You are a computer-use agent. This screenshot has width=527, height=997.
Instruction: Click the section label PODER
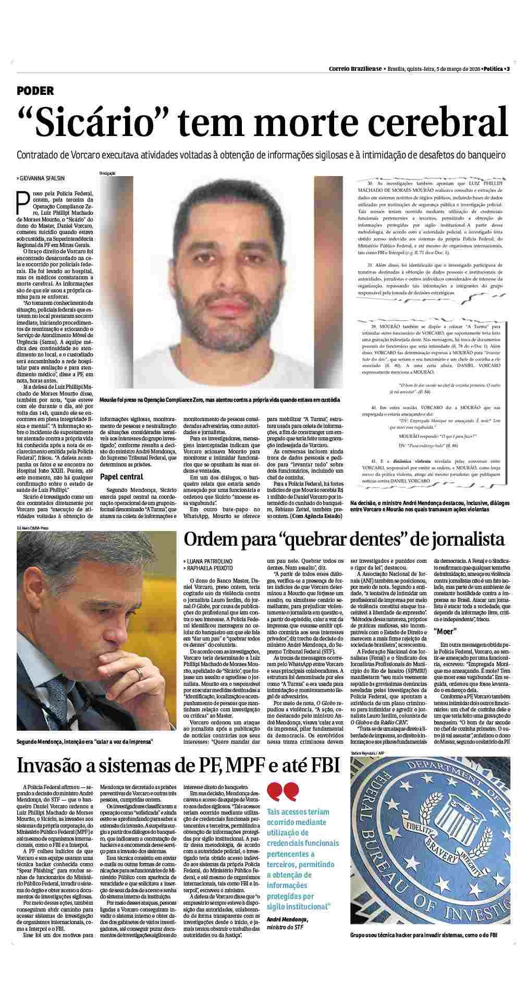pos(35,91)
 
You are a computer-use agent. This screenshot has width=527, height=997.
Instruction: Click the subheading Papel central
pos(121,477)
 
